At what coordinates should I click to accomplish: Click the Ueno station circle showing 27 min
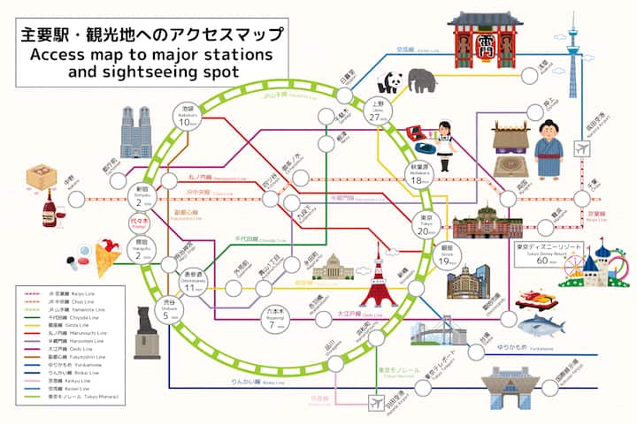(x=378, y=111)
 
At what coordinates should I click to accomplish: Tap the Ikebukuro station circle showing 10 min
(x=187, y=117)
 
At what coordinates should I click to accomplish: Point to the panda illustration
(x=388, y=82)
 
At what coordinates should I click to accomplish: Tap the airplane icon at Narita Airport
(x=581, y=148)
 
